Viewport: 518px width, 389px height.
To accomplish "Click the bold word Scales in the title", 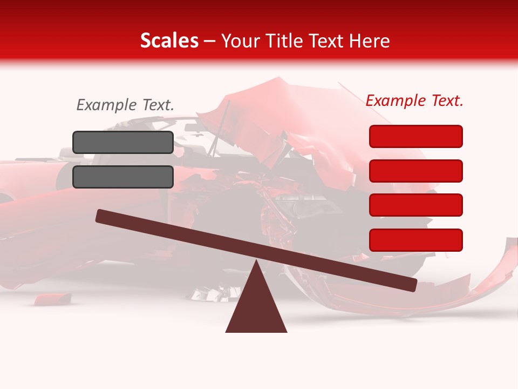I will [169, 41].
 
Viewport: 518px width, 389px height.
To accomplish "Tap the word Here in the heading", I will [370, 41].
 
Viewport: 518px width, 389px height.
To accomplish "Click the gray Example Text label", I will [125, 105].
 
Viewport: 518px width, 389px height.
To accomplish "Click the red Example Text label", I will [414, 100].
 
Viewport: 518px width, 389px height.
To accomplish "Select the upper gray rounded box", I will [123, 142].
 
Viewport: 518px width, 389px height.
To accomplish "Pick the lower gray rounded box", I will [123, 177].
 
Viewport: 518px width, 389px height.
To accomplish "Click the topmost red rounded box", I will [415, 136].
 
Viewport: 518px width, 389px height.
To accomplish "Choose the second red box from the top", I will [415, 171].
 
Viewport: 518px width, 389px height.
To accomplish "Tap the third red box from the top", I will [415, 205].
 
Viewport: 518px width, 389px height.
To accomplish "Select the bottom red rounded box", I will [415, 240].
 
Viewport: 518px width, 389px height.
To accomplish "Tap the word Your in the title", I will [240, 41].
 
